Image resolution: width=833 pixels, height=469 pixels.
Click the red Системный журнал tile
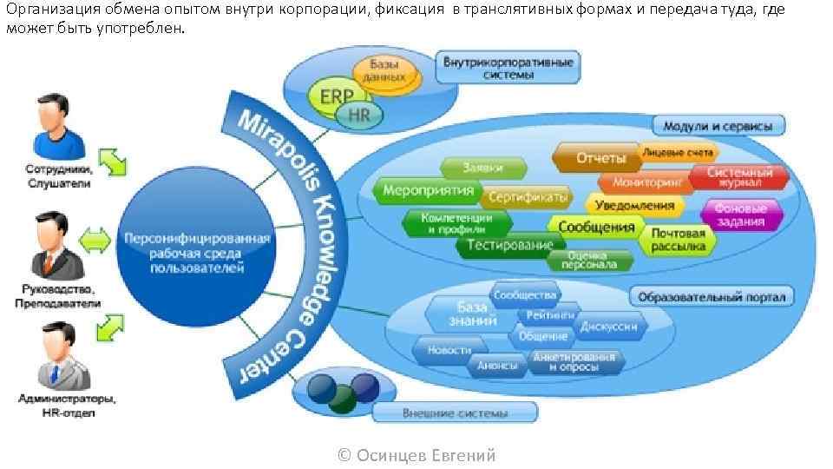739,177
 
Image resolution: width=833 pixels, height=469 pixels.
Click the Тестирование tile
510,245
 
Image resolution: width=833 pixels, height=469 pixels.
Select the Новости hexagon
449,350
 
